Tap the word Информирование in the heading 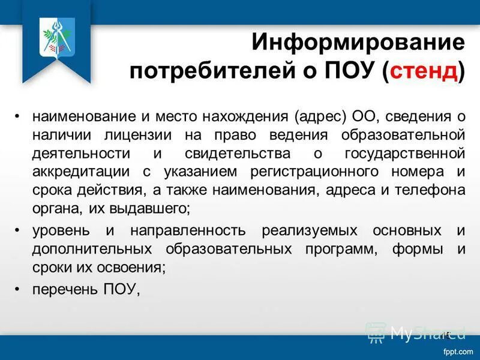click(358, 42)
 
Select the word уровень click(62, 230)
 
